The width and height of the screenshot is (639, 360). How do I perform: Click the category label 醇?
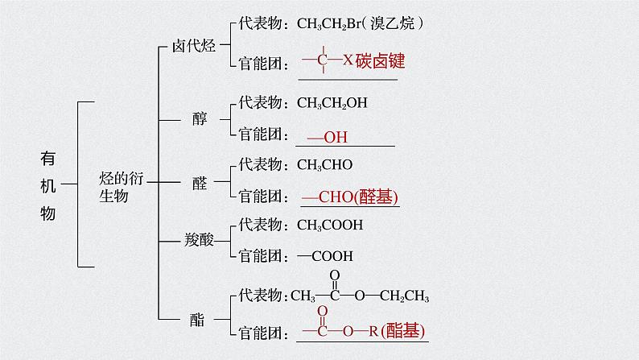pos(200,119)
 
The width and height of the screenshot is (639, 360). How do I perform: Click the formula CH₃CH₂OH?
pos(332,103)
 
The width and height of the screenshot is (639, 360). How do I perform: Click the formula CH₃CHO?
pos(324,164)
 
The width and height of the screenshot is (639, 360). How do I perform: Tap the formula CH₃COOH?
pos(330,225)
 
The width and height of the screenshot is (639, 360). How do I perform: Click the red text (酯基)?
pos(403,330)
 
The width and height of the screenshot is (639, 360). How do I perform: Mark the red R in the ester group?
pos(373,330)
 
